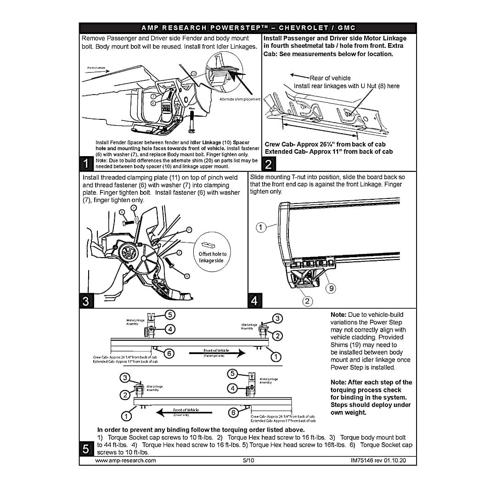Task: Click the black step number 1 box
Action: (86, 163)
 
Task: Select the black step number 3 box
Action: (86, 301)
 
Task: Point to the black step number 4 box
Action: (254, 301)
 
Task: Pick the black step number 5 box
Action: (86, 449)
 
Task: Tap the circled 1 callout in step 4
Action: (261, 227)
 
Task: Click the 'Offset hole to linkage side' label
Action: (212, 257)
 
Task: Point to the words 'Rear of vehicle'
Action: (330, 78)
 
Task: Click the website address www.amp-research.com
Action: (125, 460)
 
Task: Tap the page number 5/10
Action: (248, 460)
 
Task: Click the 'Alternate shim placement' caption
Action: (240, 99)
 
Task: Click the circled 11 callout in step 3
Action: (189, 230)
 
